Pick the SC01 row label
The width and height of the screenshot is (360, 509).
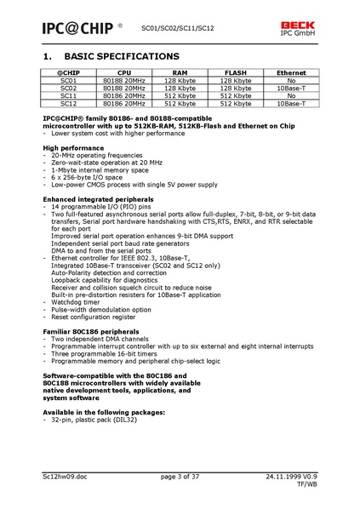pyautogui.click(x=68, y=81)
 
